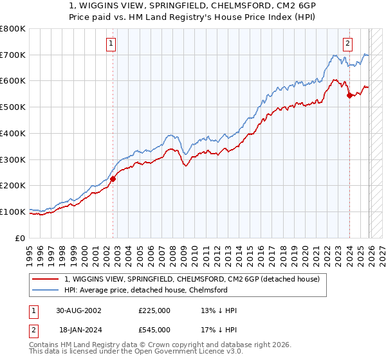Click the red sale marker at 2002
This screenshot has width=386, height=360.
point(113,179)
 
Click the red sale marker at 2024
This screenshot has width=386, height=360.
point(349,95)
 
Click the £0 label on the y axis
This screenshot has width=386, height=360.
point(21,238)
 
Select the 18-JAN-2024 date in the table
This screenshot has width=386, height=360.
point(78,329)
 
